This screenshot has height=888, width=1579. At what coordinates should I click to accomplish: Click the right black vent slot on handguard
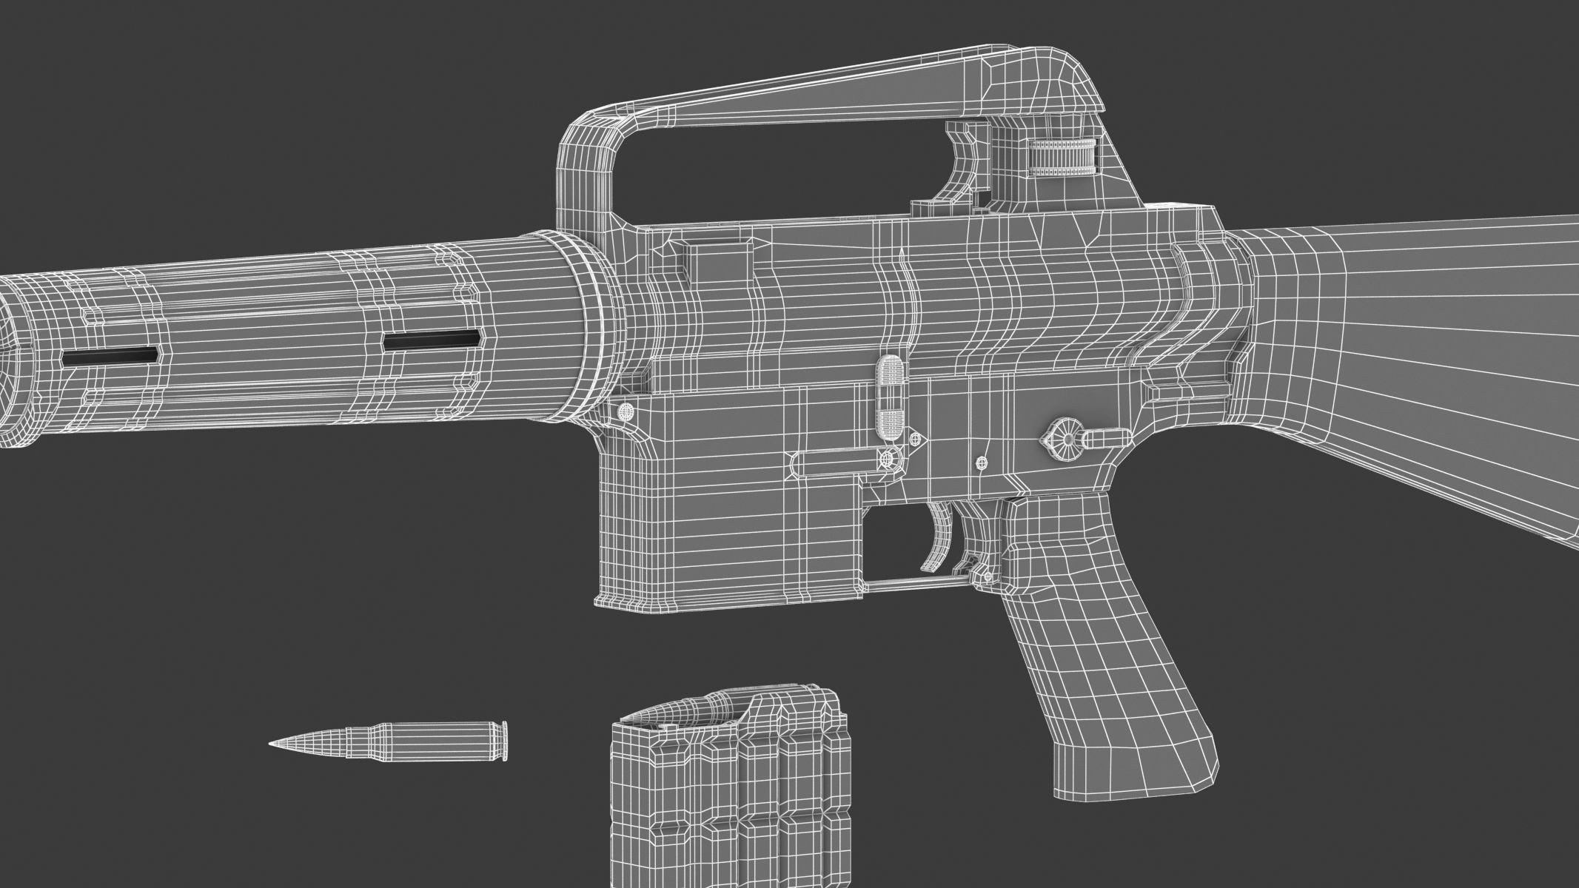click(x=432, y=340)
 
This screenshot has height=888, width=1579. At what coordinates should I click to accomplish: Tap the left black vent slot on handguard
click(x=111, y=356)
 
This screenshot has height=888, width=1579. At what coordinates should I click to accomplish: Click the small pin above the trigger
click(x=982, y=463)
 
